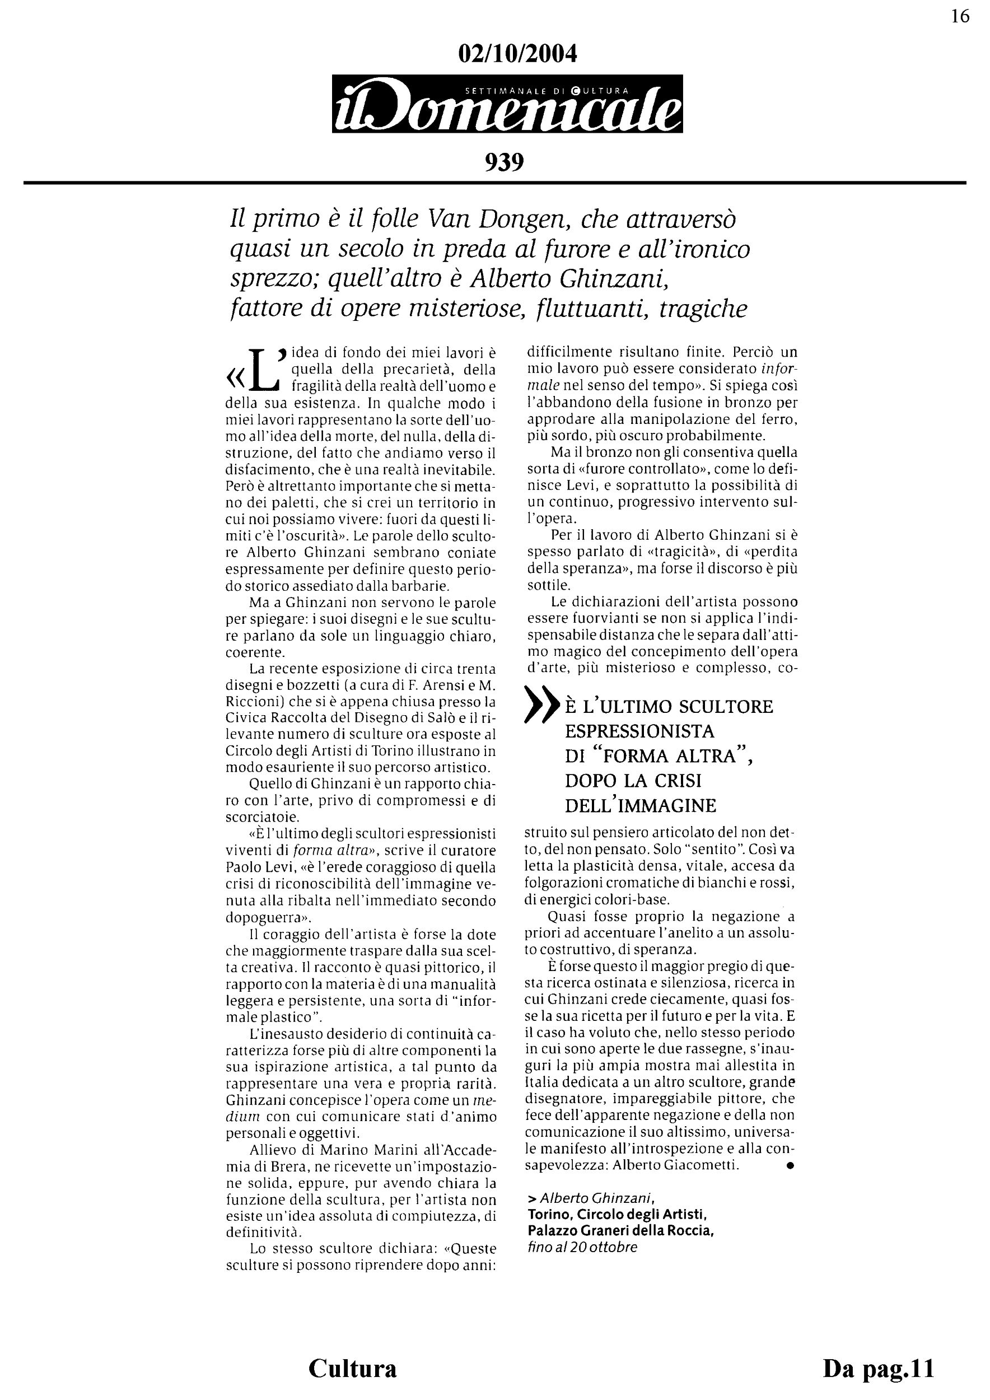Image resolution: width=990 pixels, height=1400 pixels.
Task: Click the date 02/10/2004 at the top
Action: coord(517,54)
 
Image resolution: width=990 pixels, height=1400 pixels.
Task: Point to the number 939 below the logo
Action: coord(504,162)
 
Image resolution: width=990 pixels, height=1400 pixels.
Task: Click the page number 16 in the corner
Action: coord(960,16)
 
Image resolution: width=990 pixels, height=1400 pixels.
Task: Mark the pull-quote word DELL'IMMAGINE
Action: coord(640,806)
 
